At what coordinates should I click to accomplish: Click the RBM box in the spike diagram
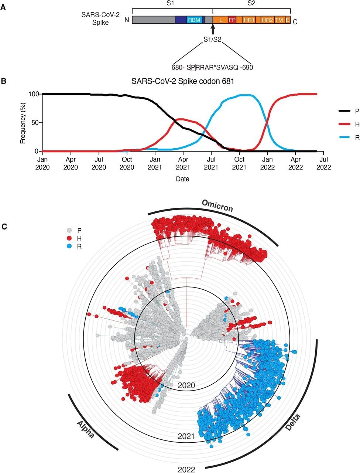coord(194,20)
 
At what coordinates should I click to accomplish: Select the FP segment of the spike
coord(232,20)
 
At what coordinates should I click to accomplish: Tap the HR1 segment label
coord(249,20)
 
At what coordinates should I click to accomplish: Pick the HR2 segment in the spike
coord(267,20)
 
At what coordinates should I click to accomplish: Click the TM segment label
coord(279,20)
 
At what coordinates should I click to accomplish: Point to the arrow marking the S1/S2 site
coord(212,29)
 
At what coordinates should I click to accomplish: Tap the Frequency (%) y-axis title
coord(23,122)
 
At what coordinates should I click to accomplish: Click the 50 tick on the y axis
coord(33,123)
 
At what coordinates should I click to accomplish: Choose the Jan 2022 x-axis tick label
coord(267,163)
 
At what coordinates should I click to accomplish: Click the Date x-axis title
coord(183,179)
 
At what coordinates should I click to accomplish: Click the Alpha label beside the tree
coord(85,429)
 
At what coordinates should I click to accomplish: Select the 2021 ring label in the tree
coord(186,436)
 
